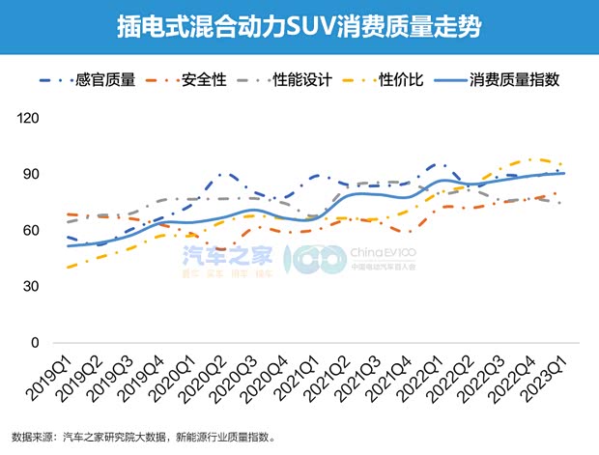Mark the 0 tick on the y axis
(x=37, y=342)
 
